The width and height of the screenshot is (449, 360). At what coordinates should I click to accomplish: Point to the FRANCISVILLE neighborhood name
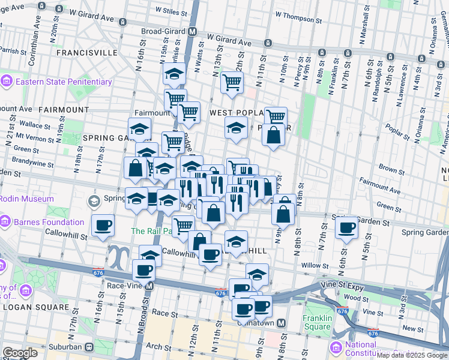click(x=86, y=53)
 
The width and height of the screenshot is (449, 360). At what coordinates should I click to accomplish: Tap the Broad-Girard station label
click(x=164, y=31)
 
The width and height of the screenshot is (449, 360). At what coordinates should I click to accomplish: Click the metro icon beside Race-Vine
click(x=149, y=286)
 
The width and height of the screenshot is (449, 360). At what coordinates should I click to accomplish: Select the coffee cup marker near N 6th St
click(x=346, y=227)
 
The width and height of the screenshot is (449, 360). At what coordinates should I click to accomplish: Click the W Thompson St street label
click(x=298, y=14)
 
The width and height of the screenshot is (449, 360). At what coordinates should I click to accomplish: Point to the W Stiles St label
click(x=172, y=10)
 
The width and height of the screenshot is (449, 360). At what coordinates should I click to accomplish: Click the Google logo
click(x=20, y=353)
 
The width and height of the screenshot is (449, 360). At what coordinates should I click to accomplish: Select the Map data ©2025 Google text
click(x=412, y=355)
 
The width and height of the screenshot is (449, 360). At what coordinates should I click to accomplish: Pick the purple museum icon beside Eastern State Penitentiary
click(x=7, y=82)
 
